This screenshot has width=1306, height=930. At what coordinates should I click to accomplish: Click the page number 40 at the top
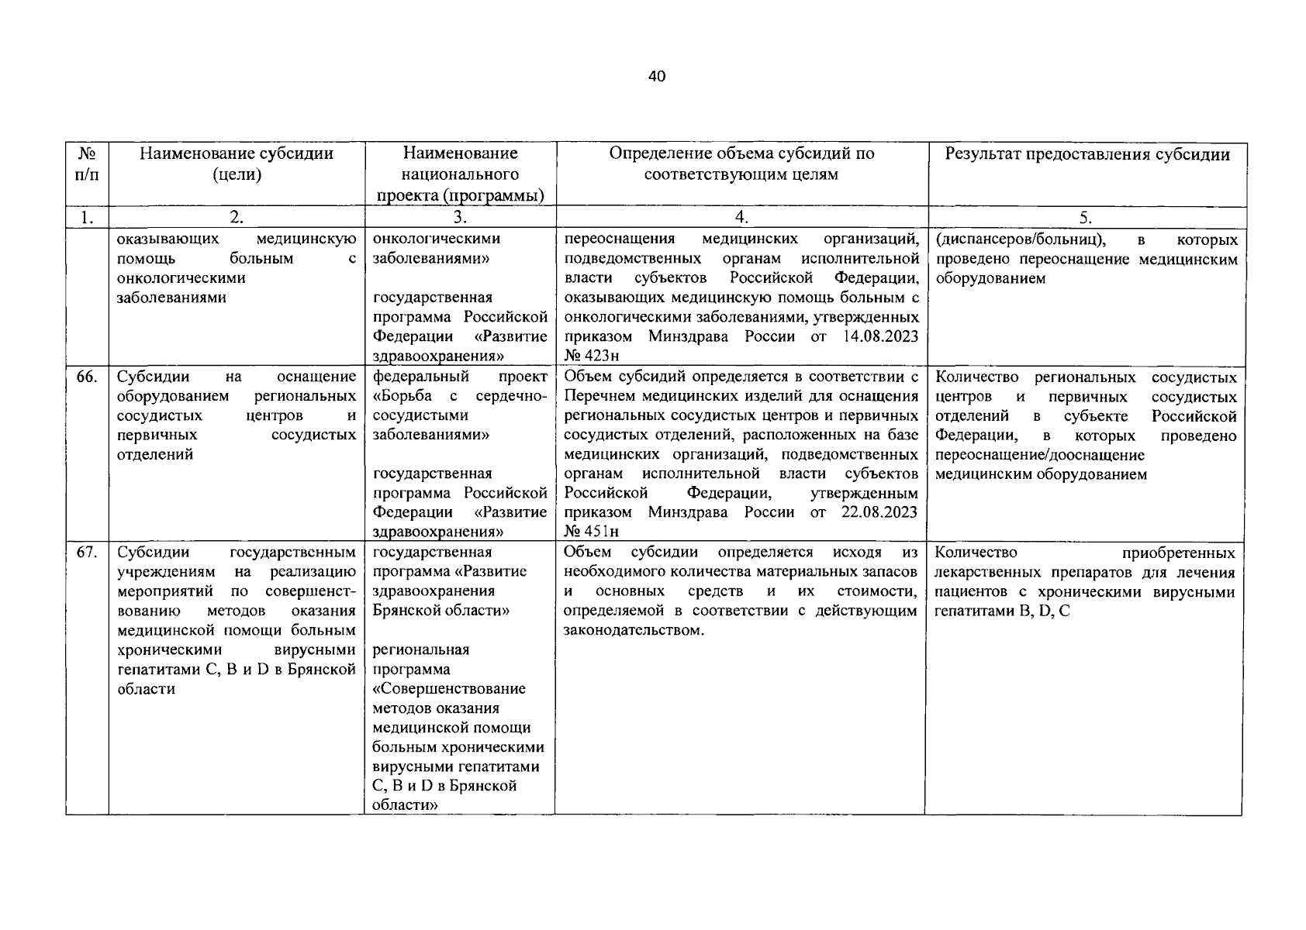coord(656,76)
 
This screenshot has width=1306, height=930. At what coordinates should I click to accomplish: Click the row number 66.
coord(86,377)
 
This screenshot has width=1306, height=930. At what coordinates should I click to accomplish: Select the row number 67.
coord(86,553)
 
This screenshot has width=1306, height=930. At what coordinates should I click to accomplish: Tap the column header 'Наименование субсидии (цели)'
coord(237,164)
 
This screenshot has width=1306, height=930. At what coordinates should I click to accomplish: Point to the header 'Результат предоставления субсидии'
coord(1087,154)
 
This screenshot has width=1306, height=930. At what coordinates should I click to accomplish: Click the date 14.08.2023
coord(879,336)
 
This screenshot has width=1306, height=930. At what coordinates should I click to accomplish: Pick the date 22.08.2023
coord(879,512)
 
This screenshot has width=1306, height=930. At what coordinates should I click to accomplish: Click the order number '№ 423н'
coord(592,356)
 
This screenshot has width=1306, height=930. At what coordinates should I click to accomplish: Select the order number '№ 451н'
coord(592,532)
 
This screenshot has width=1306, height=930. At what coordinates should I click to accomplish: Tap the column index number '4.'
coord(741,218)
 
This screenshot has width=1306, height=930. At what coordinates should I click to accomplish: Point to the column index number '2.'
coord(237,218)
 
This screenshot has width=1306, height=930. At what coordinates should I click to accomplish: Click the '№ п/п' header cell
coord(87,164)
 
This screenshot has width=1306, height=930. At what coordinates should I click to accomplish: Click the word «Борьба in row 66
coord(406,397)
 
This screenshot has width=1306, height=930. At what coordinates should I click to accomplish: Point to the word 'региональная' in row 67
coord(420,649)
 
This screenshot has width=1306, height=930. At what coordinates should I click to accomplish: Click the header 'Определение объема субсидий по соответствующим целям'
coord(741,164)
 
